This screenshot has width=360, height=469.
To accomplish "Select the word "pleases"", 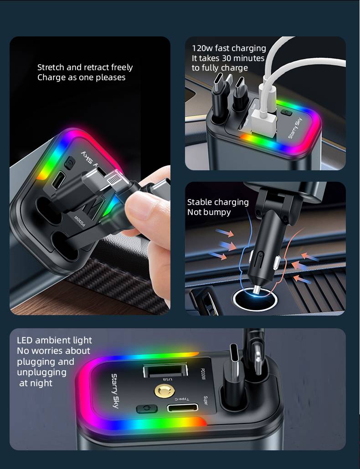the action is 111,78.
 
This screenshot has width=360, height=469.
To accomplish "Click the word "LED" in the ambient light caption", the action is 25,341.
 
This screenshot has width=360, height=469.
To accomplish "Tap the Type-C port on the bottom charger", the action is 183,408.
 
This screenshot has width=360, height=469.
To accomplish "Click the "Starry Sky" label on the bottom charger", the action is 115,391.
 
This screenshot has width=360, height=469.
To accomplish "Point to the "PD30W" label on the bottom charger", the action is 202,374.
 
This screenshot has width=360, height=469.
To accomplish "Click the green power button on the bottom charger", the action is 146,409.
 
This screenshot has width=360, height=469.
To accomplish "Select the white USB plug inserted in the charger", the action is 264,122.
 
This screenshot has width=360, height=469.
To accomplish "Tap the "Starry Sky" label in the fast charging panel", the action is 295,128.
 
